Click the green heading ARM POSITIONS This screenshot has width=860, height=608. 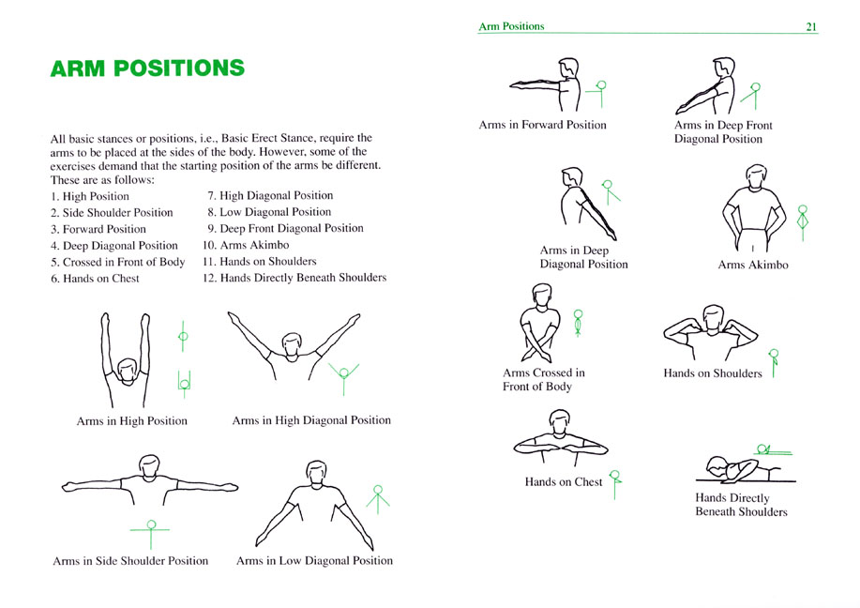click(147, 68)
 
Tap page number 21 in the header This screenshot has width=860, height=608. click(811, 26)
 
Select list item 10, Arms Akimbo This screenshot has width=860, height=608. click(246, 245)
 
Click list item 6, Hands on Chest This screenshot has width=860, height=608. click(95, 279)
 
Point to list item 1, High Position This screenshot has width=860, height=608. click(90, 196)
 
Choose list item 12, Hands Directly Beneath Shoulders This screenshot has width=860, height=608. click(294, 278)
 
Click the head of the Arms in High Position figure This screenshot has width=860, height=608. click(128, 371)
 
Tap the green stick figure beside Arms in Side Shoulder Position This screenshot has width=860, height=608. click(150, 533)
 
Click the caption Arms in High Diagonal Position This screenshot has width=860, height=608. click(311, 420)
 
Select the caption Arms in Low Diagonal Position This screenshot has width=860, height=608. click(314, 560)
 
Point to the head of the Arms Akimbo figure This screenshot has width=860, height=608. click(756, 176)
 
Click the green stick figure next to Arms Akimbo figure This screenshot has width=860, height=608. click(803, 222)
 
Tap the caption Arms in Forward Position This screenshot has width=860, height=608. click(542, 125)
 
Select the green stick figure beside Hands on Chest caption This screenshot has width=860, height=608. click(615, 484)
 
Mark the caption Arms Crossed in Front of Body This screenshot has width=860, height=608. click(544, 379)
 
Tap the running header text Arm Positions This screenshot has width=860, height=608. click(511, 26)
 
